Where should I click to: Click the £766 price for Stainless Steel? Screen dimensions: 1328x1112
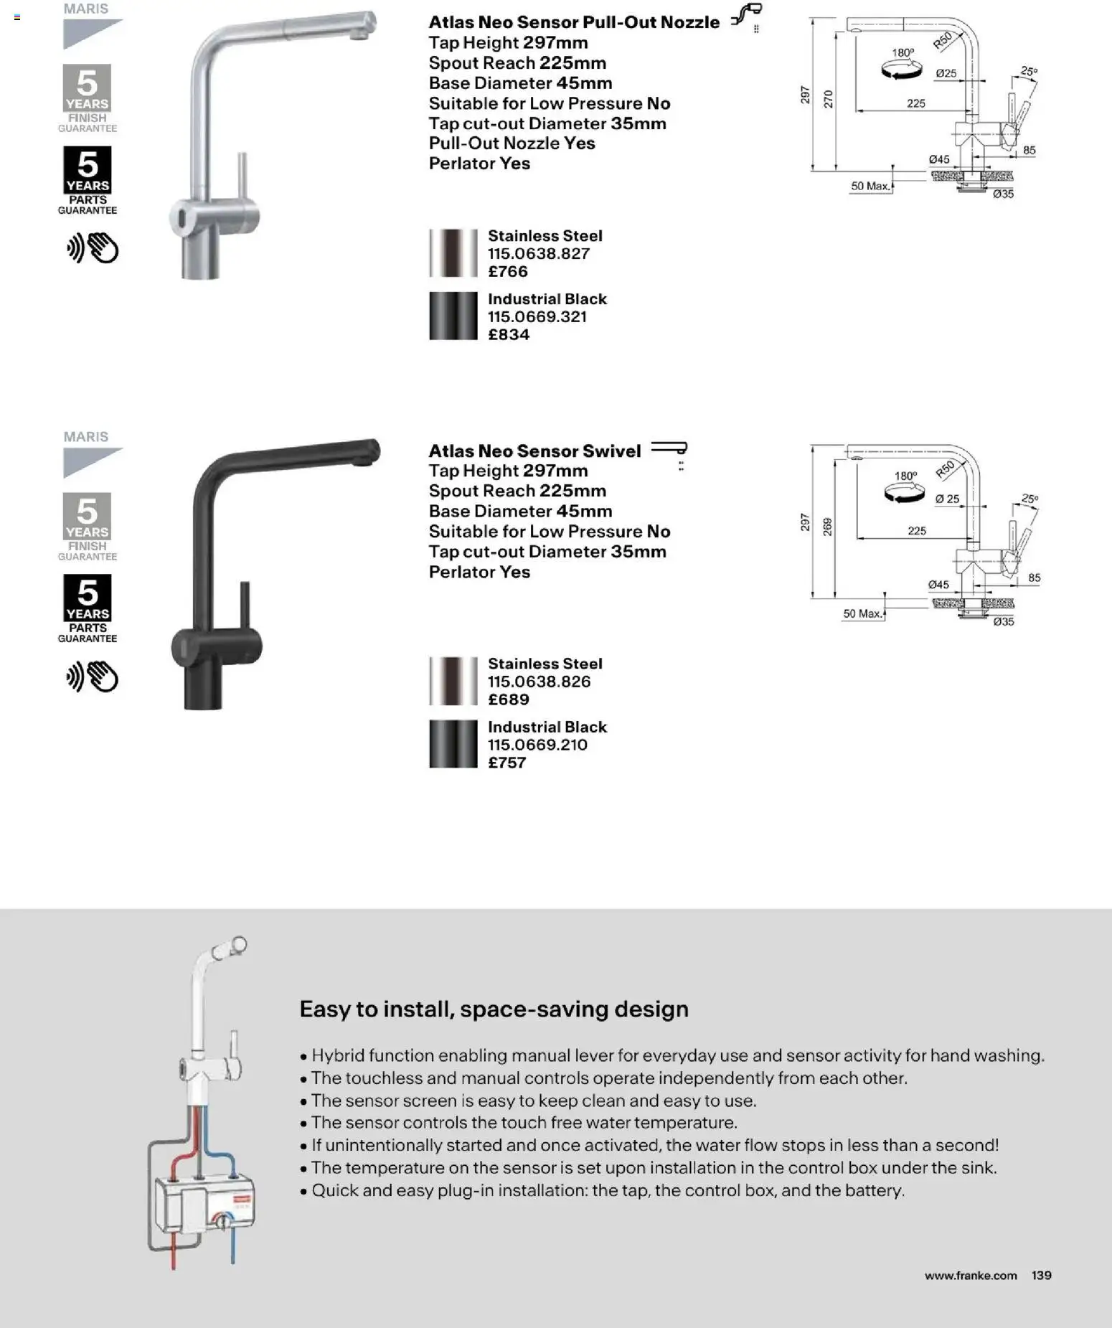tap(508, 272)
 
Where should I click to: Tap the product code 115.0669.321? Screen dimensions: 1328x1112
tap(537, 317)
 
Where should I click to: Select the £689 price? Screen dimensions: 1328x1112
tap(508, 700)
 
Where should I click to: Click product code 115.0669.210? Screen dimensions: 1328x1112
tap(537, 745)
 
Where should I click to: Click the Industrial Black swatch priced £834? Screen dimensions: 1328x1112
tap(453, 316)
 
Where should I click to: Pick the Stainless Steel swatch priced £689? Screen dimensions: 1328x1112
tap(453, 681)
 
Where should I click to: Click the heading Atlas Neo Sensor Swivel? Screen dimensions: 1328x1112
tap(534, 451)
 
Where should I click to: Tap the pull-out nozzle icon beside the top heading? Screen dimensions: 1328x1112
tap(748, 16)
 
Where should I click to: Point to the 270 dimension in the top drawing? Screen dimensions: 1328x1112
tap(829, 98)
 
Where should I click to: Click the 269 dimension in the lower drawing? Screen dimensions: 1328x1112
tap(827, 527)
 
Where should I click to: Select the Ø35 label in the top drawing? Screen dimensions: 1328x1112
tap(1003, 194)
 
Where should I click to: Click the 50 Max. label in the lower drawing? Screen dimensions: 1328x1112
tap(862, 614)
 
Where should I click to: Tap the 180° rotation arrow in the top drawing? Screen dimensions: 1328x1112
tap(902, 70)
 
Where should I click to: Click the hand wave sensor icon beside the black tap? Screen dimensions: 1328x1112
tap(92, 677)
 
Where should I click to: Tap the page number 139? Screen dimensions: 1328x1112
tap(1041, 1275)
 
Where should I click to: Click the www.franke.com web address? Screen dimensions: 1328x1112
tap(970, 1275)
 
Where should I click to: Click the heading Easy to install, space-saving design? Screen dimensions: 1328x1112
tap(494, 1009)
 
